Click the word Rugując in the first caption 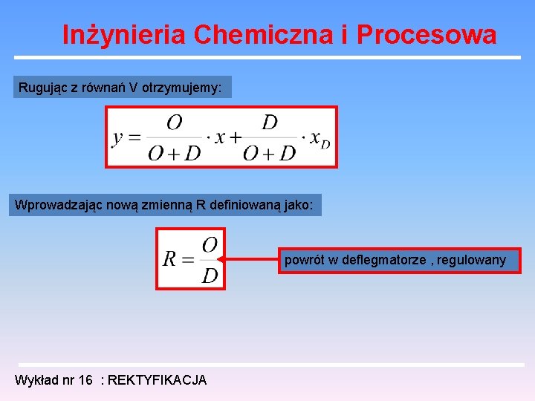click(x=42, y=88)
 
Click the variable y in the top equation click(x=117, y=138)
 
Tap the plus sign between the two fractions click(x=235, y=138)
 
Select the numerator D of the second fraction click(x=270, y=123)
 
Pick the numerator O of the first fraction click(x=174, y=123)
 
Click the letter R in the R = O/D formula click(x=169, y=259)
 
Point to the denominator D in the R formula click(x=210, y=276)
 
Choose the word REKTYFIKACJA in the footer click(x=158, y=380)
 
